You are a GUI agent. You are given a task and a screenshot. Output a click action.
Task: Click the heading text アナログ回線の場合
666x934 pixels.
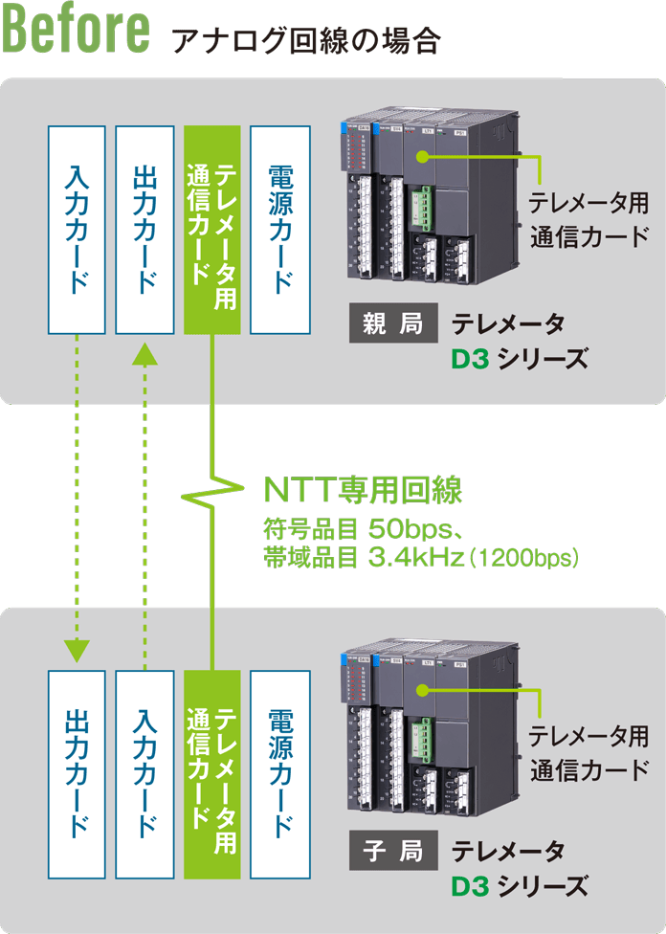tap(304, 41)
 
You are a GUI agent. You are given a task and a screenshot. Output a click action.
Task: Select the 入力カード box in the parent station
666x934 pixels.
tap(77, 229)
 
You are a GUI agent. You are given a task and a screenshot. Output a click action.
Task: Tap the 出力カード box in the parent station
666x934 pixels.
tap(144, 229)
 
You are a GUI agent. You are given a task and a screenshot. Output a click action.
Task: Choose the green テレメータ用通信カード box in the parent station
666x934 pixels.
tap(211, 229)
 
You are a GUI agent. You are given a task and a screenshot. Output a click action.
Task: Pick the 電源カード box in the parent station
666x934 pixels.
tap(279, 229)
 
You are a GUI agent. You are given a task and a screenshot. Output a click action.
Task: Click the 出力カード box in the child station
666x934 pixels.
tap(77, 773)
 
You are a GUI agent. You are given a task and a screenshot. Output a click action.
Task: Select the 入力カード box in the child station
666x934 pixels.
tap(144, 773)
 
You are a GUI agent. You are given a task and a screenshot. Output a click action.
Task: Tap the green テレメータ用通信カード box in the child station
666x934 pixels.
tap(211, 773)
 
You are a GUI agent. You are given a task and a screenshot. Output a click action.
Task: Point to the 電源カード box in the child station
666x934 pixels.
tap(279, 773)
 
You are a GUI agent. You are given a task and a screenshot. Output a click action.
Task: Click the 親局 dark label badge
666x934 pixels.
tap(392, 325)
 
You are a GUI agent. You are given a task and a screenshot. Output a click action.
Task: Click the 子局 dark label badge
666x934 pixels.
tap(392, 850)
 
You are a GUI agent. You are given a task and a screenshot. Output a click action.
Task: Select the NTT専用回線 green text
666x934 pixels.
tap(363, 490)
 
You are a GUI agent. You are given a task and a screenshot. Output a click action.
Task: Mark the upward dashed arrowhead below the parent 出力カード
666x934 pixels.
tap(144, 356)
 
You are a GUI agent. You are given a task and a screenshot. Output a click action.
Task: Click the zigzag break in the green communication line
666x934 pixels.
tap(211, 494)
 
